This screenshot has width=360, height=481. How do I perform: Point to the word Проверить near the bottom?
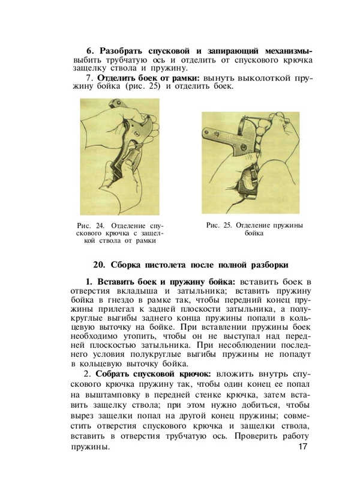244,436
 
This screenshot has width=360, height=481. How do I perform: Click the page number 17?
302,448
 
